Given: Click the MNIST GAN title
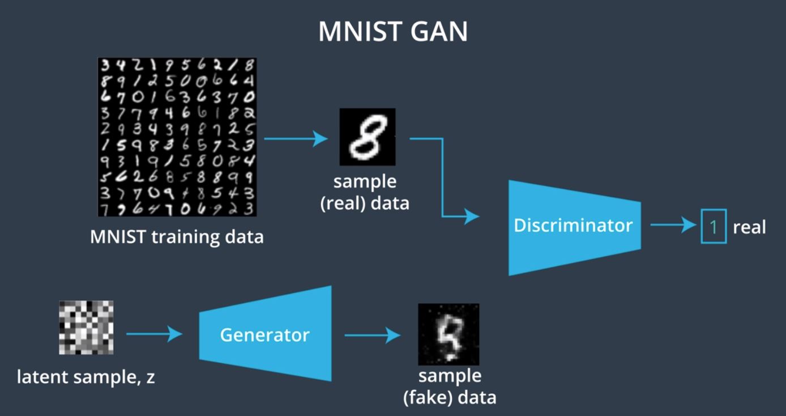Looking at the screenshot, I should coord(393,32).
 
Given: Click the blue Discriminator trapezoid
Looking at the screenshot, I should coord(573,226).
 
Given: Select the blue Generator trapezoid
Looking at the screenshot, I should coord(264,334).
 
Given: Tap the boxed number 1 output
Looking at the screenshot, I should coord(714,227).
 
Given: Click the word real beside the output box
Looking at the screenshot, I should coord(749,227).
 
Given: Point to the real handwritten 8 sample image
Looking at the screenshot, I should coord(367,137).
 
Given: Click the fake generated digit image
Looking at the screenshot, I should coord(448,334).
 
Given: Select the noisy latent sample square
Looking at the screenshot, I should coord(86,328).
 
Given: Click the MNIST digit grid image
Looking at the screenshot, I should coord(177,137).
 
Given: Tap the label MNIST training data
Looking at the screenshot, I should coord(177,236).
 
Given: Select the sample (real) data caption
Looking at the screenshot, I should coord(365,193).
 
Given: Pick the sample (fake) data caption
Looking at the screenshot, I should coord(450,387).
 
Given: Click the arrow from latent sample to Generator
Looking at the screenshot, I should coord(154,334).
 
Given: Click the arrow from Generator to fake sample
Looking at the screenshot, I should coord(372,335).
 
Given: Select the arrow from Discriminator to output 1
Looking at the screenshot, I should coord(673,226).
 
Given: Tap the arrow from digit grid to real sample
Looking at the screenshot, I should coord(296,138).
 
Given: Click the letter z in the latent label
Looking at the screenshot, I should coord(150,377).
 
